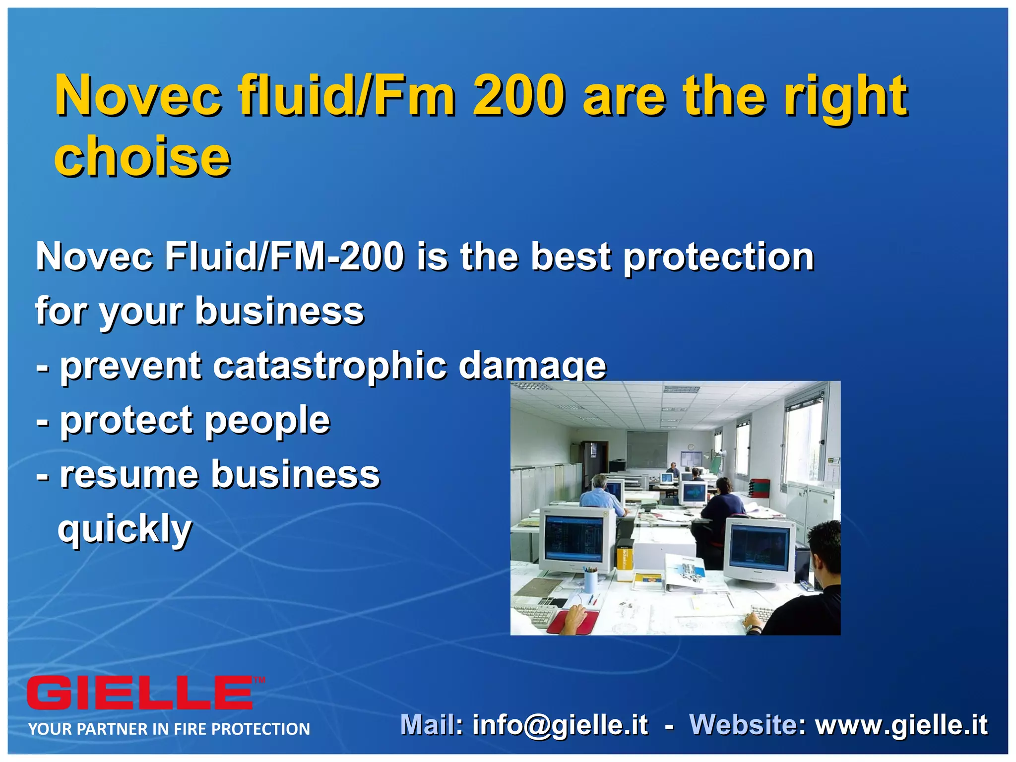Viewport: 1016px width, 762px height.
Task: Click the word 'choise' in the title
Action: click(x=142, y=156)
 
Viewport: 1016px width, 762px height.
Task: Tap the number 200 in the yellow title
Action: click(x=519, y=95)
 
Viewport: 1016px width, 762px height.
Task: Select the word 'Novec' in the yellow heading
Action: click(x=138, y=95)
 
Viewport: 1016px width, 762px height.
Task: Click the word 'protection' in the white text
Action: click(x=718, y=257)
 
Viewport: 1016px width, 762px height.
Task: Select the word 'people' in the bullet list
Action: click(x=267, y=421)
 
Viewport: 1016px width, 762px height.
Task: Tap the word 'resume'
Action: click(x=128, y=475)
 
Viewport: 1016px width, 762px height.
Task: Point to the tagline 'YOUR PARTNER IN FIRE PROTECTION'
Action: click(x=169, y=729)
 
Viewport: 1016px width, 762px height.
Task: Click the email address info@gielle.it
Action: click(x=560, y=724)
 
